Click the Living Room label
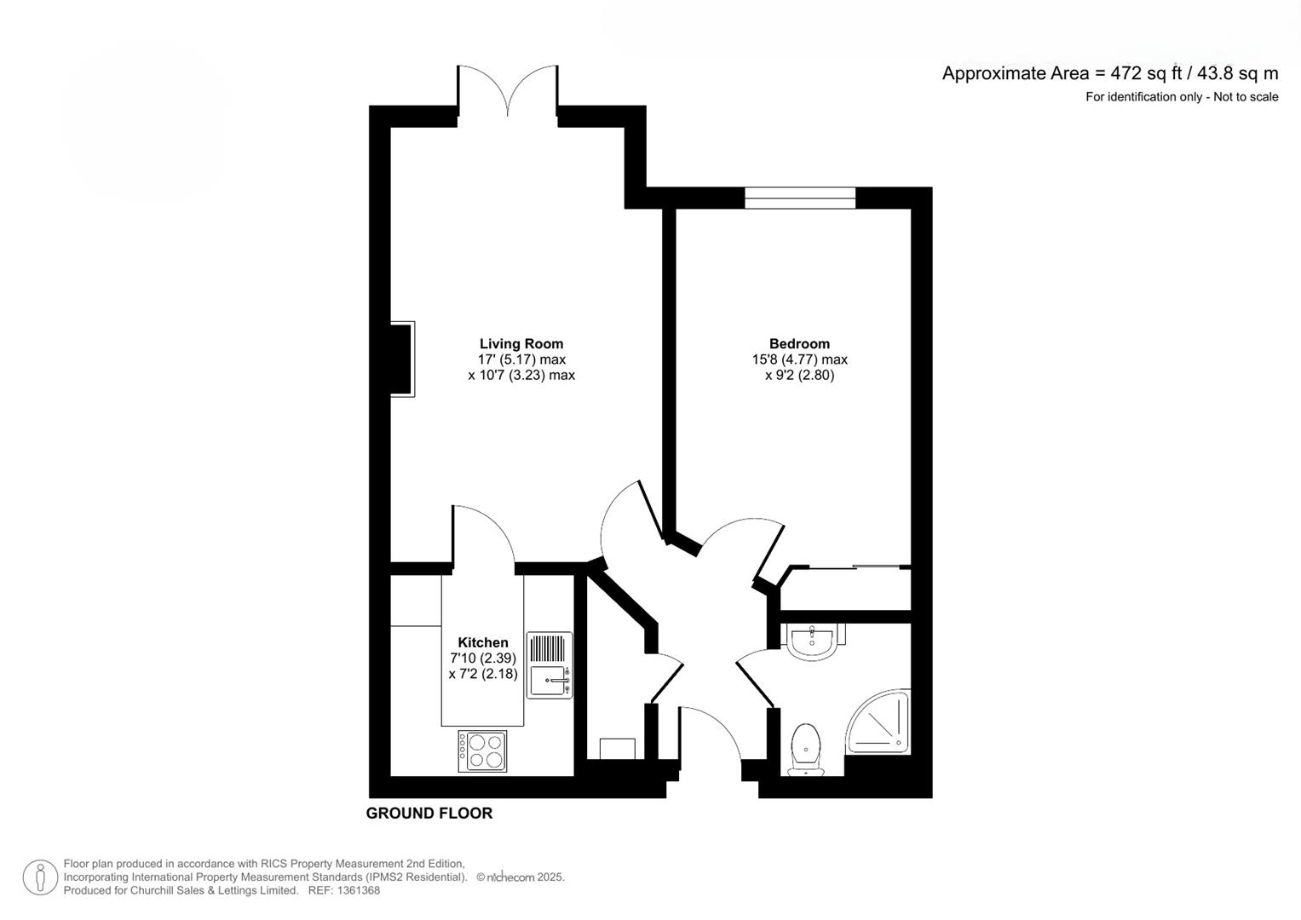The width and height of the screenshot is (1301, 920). point(521,343)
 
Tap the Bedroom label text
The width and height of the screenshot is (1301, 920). point(799,343)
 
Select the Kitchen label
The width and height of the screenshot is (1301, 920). point(482,642)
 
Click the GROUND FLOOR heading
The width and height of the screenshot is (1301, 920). point(429,814)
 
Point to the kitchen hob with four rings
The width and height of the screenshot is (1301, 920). point(482,750)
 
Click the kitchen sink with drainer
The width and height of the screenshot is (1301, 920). point(550,664)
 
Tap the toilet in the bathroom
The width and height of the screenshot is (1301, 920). point(806,750)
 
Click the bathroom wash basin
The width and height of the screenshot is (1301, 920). point(813,641)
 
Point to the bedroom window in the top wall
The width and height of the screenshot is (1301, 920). point(800,198)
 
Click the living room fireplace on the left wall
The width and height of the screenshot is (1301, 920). point(402,359)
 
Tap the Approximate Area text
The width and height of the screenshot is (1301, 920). point(1110,74)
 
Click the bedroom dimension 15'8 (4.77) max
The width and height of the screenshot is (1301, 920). point(800,359)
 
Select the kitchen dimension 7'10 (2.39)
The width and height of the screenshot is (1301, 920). point(482,658)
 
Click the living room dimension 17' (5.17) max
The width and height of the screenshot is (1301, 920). point(521,359)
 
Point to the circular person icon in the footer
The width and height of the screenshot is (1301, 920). point(40,877)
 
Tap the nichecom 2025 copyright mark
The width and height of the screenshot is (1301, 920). point(521,877)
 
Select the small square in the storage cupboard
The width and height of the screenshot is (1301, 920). point(617,749)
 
